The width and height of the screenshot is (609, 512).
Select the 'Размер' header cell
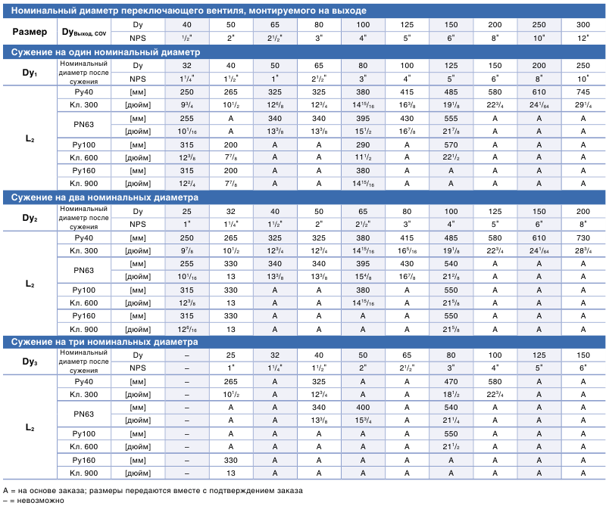click(x=30, y=32)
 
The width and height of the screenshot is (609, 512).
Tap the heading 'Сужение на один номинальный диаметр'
click(x=105, y=52)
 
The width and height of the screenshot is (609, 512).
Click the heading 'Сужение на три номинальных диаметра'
click(x=105, y=342)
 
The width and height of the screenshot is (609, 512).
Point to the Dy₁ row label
click(x=30, y=73)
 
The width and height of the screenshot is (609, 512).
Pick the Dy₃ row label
click(x=30, y=362)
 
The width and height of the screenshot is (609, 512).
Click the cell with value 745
click(x=583, y=92)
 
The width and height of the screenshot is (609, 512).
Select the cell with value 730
click(x=583, y=237)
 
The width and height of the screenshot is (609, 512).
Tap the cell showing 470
click(x=451, y=382)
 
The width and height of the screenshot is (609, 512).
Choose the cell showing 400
click(x=363, y=408)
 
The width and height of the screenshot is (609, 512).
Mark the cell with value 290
click(x=363, y=144)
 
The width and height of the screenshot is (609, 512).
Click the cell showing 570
click(x=451, y=144)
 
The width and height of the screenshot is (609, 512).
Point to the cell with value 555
click(x=451, y=118)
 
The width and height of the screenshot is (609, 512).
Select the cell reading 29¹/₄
click(x=583, y=104)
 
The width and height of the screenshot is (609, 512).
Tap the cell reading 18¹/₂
click(x=451, y=395)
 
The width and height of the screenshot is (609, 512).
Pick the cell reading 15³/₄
click(x=363, y=420)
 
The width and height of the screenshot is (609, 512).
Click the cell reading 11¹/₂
click(x=363, y=157)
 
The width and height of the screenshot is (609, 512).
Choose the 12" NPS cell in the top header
click(x=583, y=38)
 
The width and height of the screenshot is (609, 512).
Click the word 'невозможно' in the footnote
click(x=40, y=501)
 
